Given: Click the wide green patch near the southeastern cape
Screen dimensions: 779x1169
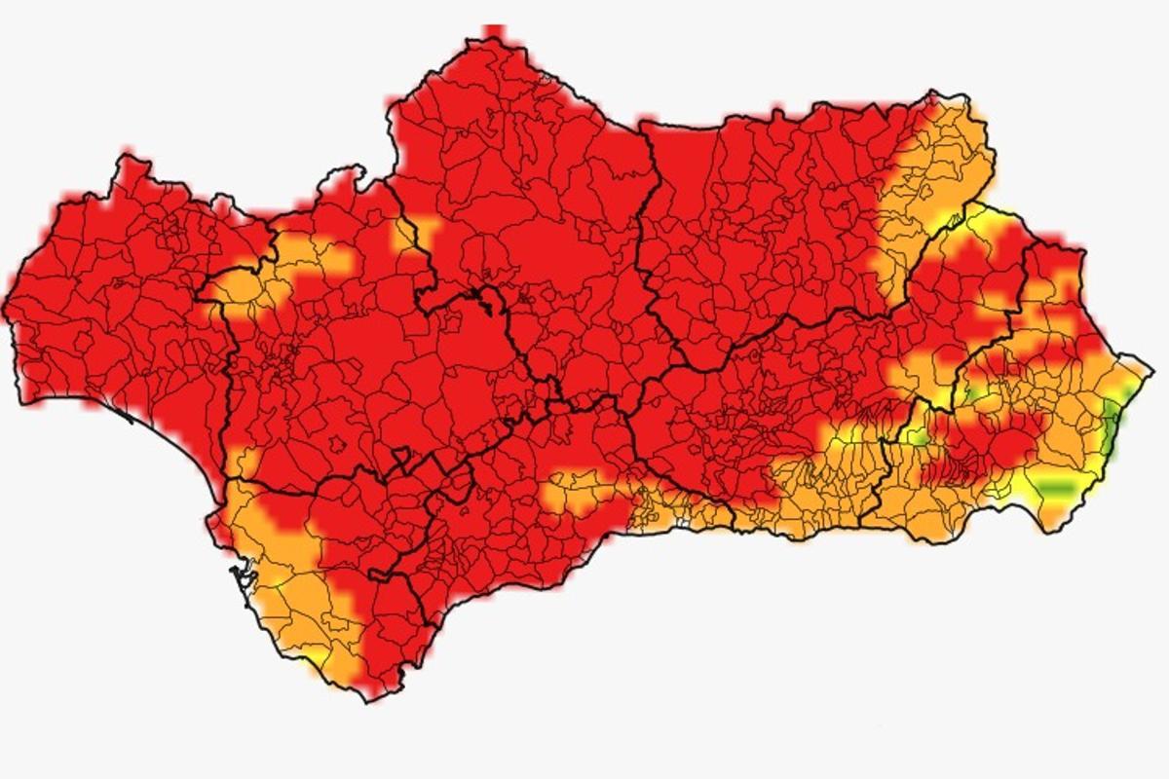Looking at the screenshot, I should click(x=1051, y=486).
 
